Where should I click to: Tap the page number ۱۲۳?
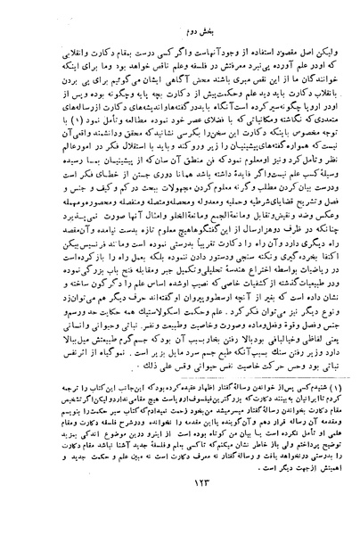pyautogui.click(x=181, y=505)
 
